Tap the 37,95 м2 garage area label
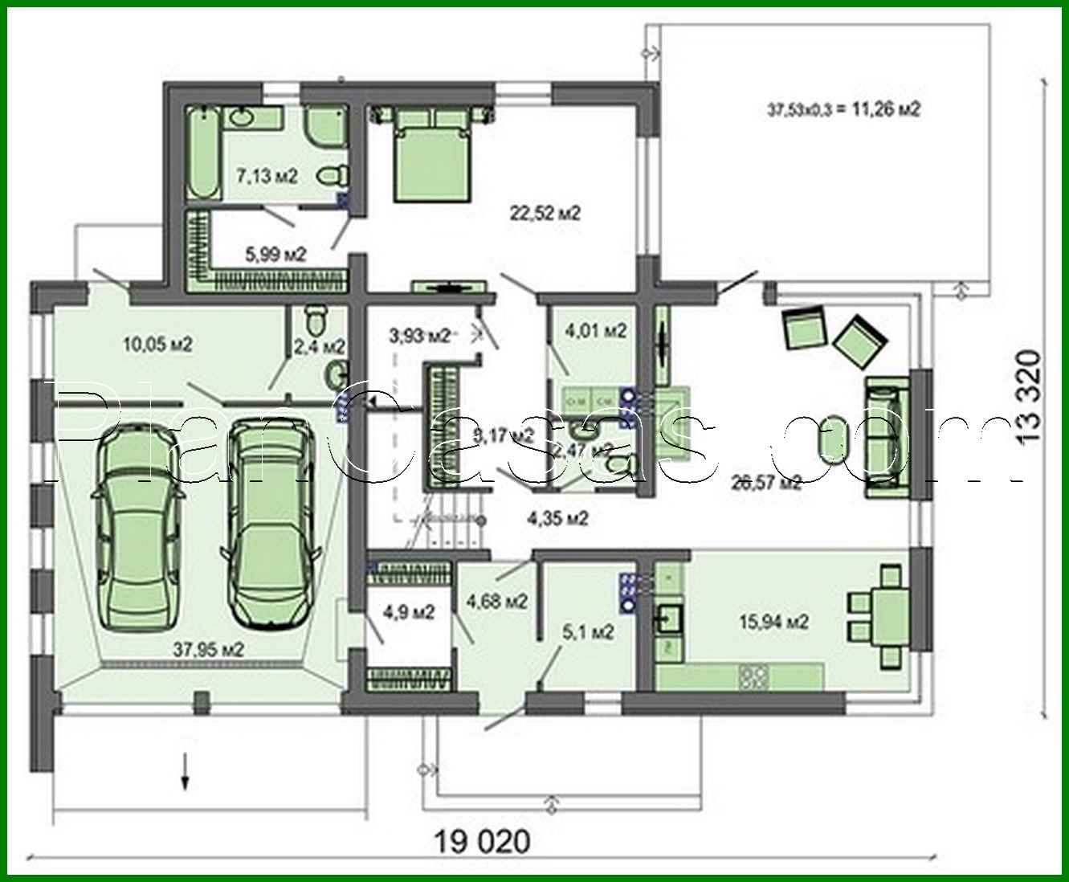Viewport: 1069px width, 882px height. [209, 649]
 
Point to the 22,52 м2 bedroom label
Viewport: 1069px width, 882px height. [545, 213]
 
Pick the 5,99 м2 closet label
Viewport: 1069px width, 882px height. [275, 255]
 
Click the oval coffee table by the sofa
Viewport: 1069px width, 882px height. [832, 443]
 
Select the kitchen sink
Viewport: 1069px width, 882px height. [668, 619]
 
